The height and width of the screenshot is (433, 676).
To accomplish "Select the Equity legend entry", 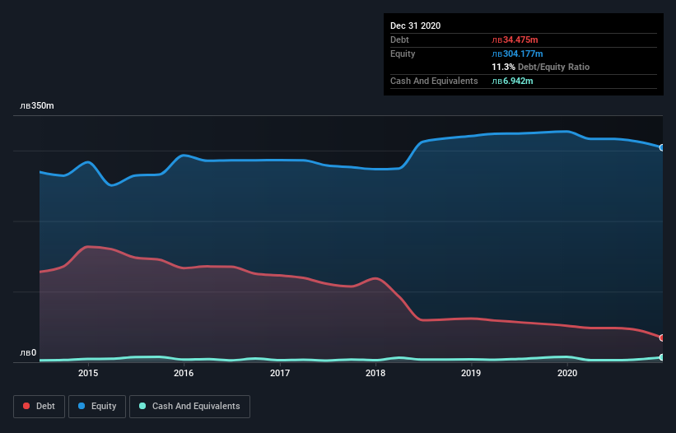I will [x=97, y=406].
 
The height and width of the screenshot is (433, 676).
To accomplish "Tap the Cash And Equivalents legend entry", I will [x=189, y=406].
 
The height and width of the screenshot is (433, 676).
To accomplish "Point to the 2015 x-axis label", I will [x=88, y=373].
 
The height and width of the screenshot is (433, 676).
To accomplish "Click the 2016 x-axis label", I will [x=184, y=373].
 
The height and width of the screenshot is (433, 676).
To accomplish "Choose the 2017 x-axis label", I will [x=280, y=373].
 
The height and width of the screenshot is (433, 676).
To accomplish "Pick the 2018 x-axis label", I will [x=375, y=373].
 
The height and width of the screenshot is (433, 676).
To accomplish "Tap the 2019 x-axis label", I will [x=471, y=373].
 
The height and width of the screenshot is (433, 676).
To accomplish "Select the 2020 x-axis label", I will [x=567, y=373].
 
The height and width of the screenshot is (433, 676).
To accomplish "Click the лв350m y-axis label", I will [x=37, y=106].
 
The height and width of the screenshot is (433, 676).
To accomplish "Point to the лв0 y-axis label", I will [x=28, y=353].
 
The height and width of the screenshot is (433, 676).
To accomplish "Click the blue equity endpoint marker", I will [x=661, y=147].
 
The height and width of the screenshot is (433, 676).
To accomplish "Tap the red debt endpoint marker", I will [x=661, y=338].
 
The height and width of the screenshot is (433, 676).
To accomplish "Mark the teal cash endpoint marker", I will [x=661, y=357].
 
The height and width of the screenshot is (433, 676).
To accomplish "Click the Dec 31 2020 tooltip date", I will [x=415, y=26].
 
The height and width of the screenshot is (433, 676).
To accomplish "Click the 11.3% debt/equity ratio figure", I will [x=503, y=67].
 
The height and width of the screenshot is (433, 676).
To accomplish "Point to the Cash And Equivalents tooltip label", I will [x=434, y=81].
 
